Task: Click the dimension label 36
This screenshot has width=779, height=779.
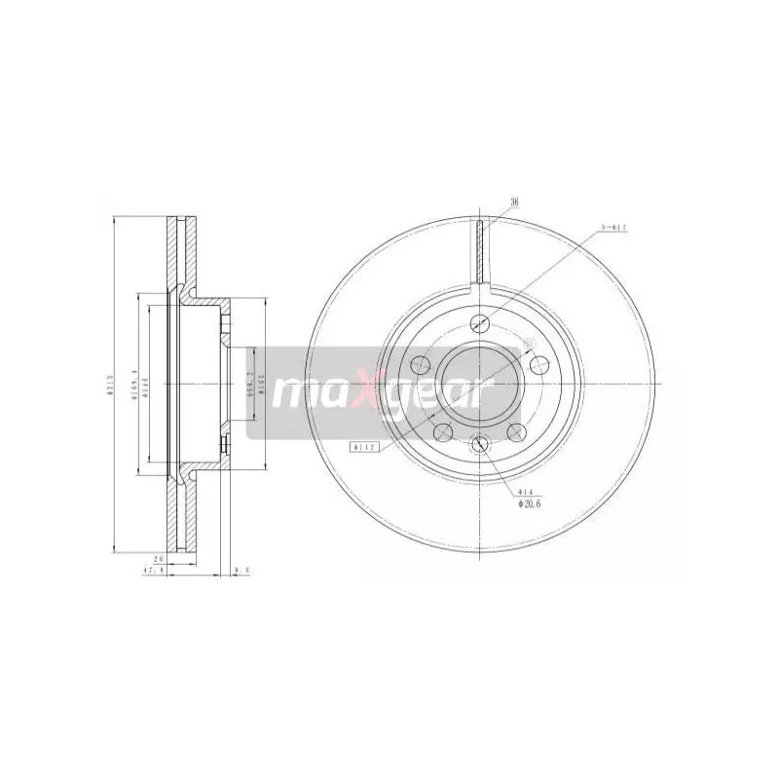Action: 515,203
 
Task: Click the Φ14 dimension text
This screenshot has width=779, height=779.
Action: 524,494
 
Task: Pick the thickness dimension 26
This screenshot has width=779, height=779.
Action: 159,560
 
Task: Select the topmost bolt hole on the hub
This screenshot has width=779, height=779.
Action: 479,324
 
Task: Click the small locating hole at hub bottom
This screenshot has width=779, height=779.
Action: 479,445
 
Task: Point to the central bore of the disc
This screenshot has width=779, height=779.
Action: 479,383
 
